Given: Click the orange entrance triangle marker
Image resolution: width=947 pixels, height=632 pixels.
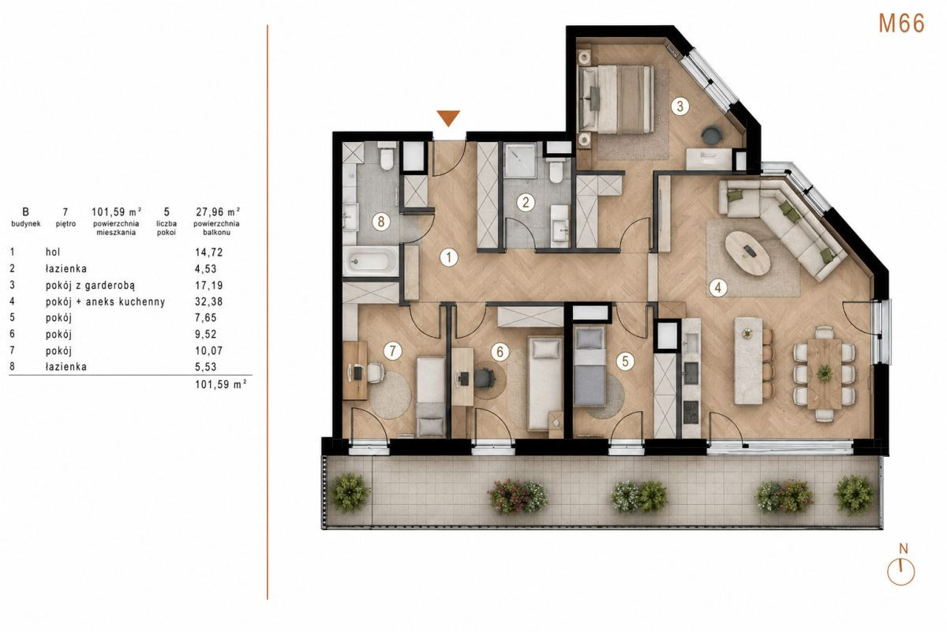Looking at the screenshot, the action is click(x=448, y=118).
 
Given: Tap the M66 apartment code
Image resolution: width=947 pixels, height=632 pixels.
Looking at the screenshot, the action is click(x=902, y=24).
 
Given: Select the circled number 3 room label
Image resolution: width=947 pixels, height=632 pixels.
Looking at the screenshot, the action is click(x=679, y=106).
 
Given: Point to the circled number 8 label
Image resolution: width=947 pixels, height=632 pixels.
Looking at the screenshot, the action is click(x=381, y=222).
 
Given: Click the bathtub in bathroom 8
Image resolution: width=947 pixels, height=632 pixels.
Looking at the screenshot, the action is click(x=371, y=260).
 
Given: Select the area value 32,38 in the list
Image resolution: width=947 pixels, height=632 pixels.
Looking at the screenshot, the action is click(x=209, y=301).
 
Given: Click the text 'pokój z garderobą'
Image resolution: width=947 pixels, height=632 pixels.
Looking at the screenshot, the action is click(x=90, y=286).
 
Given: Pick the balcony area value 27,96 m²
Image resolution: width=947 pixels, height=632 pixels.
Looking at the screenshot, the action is click(x=218, y=211).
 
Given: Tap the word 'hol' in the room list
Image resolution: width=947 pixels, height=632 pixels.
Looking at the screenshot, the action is click(x=53, y=252).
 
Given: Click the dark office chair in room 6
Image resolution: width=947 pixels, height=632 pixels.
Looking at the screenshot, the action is click(x=485, y=378).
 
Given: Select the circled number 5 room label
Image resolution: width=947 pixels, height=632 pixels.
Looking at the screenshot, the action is click(x=625, y=361).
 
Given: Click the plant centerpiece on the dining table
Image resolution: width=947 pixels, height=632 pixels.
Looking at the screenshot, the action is click(x=824, y=373).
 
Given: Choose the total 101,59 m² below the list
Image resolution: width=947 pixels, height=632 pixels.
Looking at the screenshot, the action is click(x=221, y=384).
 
